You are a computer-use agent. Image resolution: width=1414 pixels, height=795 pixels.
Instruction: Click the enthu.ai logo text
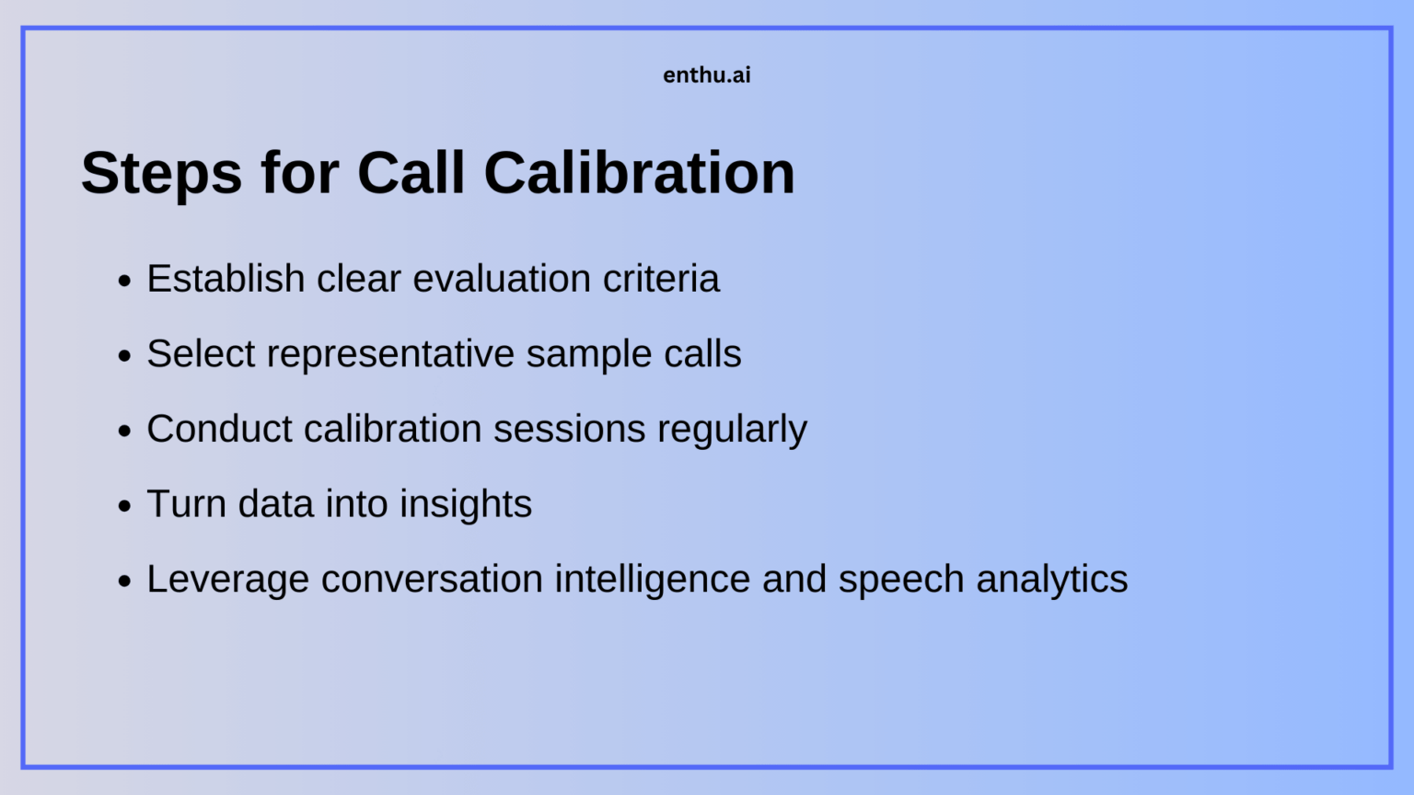[x=706, y=75]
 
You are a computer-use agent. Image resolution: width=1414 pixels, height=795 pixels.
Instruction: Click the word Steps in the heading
[x=161, y=173]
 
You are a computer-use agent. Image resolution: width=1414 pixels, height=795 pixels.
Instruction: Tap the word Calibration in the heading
[x=639, y=173]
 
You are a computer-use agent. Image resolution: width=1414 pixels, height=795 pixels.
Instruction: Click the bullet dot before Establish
[x=125, y=281]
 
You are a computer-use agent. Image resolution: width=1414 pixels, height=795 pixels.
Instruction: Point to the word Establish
[x=226, y=279]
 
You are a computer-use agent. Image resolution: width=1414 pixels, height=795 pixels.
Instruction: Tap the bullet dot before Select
[x=125, y=356]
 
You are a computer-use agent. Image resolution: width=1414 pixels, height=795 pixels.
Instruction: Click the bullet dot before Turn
[x=125, y=506]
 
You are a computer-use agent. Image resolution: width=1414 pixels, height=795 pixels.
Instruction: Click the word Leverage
[x=227, y=580]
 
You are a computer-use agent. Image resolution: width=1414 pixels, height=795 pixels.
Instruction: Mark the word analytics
[x=1051, y=580]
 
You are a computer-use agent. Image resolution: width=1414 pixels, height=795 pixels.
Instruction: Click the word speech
[x=900, y=580]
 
